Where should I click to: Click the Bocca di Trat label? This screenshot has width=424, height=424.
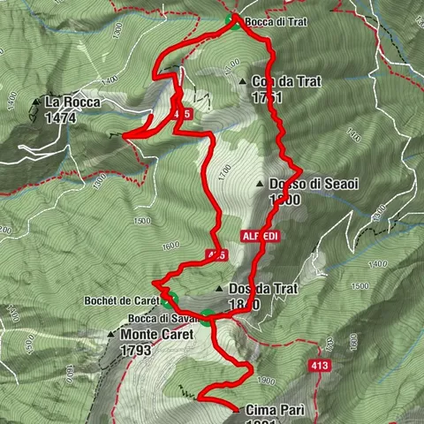276,20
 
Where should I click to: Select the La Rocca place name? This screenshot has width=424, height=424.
72,102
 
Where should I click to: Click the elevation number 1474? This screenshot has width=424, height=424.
61,116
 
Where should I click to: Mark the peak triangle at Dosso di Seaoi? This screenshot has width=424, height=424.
259,185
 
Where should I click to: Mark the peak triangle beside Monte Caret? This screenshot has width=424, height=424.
111,335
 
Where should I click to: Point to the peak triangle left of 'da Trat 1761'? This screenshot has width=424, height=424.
243,81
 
